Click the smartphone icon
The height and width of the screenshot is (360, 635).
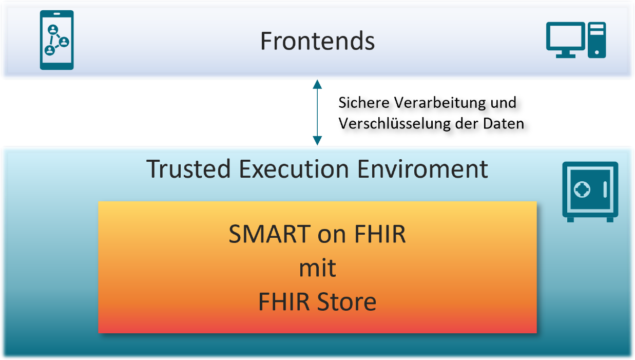point(56,40)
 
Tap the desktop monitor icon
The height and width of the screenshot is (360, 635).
point(566,40)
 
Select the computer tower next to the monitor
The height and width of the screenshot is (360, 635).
point(596,40)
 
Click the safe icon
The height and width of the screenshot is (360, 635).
point(590,192)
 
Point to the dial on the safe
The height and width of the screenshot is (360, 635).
point(582,189)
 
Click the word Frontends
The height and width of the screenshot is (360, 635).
point(317,41)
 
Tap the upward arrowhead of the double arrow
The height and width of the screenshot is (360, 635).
point(317,84)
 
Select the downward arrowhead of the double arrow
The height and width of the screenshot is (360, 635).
point(317,140)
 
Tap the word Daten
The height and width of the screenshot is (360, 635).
point(504,124)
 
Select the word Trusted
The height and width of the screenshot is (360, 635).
point(188,169)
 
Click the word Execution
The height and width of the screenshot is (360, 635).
point(294,169)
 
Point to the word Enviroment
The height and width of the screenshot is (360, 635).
point(422,169)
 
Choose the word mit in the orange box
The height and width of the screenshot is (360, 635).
point(317,268)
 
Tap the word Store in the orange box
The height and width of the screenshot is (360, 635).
point(347,301)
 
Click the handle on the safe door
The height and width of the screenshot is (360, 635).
point(605,189)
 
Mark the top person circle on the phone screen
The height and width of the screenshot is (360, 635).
point(53,29)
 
